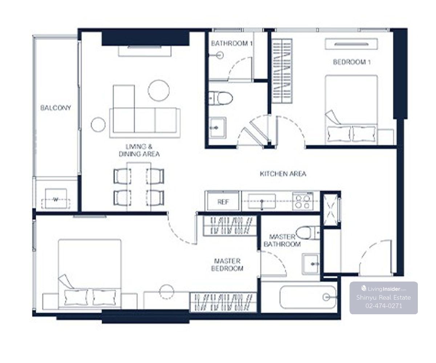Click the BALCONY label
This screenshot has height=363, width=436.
click(56, 108)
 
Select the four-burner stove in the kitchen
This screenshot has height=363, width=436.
click(303, 201)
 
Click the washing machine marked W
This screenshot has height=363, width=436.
click(56, 199)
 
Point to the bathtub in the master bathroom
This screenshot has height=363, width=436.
click(308, 297)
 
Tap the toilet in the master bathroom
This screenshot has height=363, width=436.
click(308, 233)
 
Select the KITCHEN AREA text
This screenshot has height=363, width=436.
click(283, 174)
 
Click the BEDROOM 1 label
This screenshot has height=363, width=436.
click(352, 62)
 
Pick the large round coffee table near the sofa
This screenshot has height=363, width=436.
click(159, 91)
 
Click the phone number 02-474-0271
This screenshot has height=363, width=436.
click(384, 306)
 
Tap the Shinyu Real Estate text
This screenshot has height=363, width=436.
click(384, 298)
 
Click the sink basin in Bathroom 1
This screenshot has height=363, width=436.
click(218, 128)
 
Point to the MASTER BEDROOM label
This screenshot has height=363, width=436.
click(227, 265)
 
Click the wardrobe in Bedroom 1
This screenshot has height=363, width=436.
click(282, 71)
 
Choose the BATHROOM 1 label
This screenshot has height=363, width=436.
click(231, 44)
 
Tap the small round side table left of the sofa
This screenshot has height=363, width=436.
click(98, 125)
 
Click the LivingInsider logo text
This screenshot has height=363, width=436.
click(384, 289)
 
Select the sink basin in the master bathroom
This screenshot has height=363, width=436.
click(311, 264)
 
